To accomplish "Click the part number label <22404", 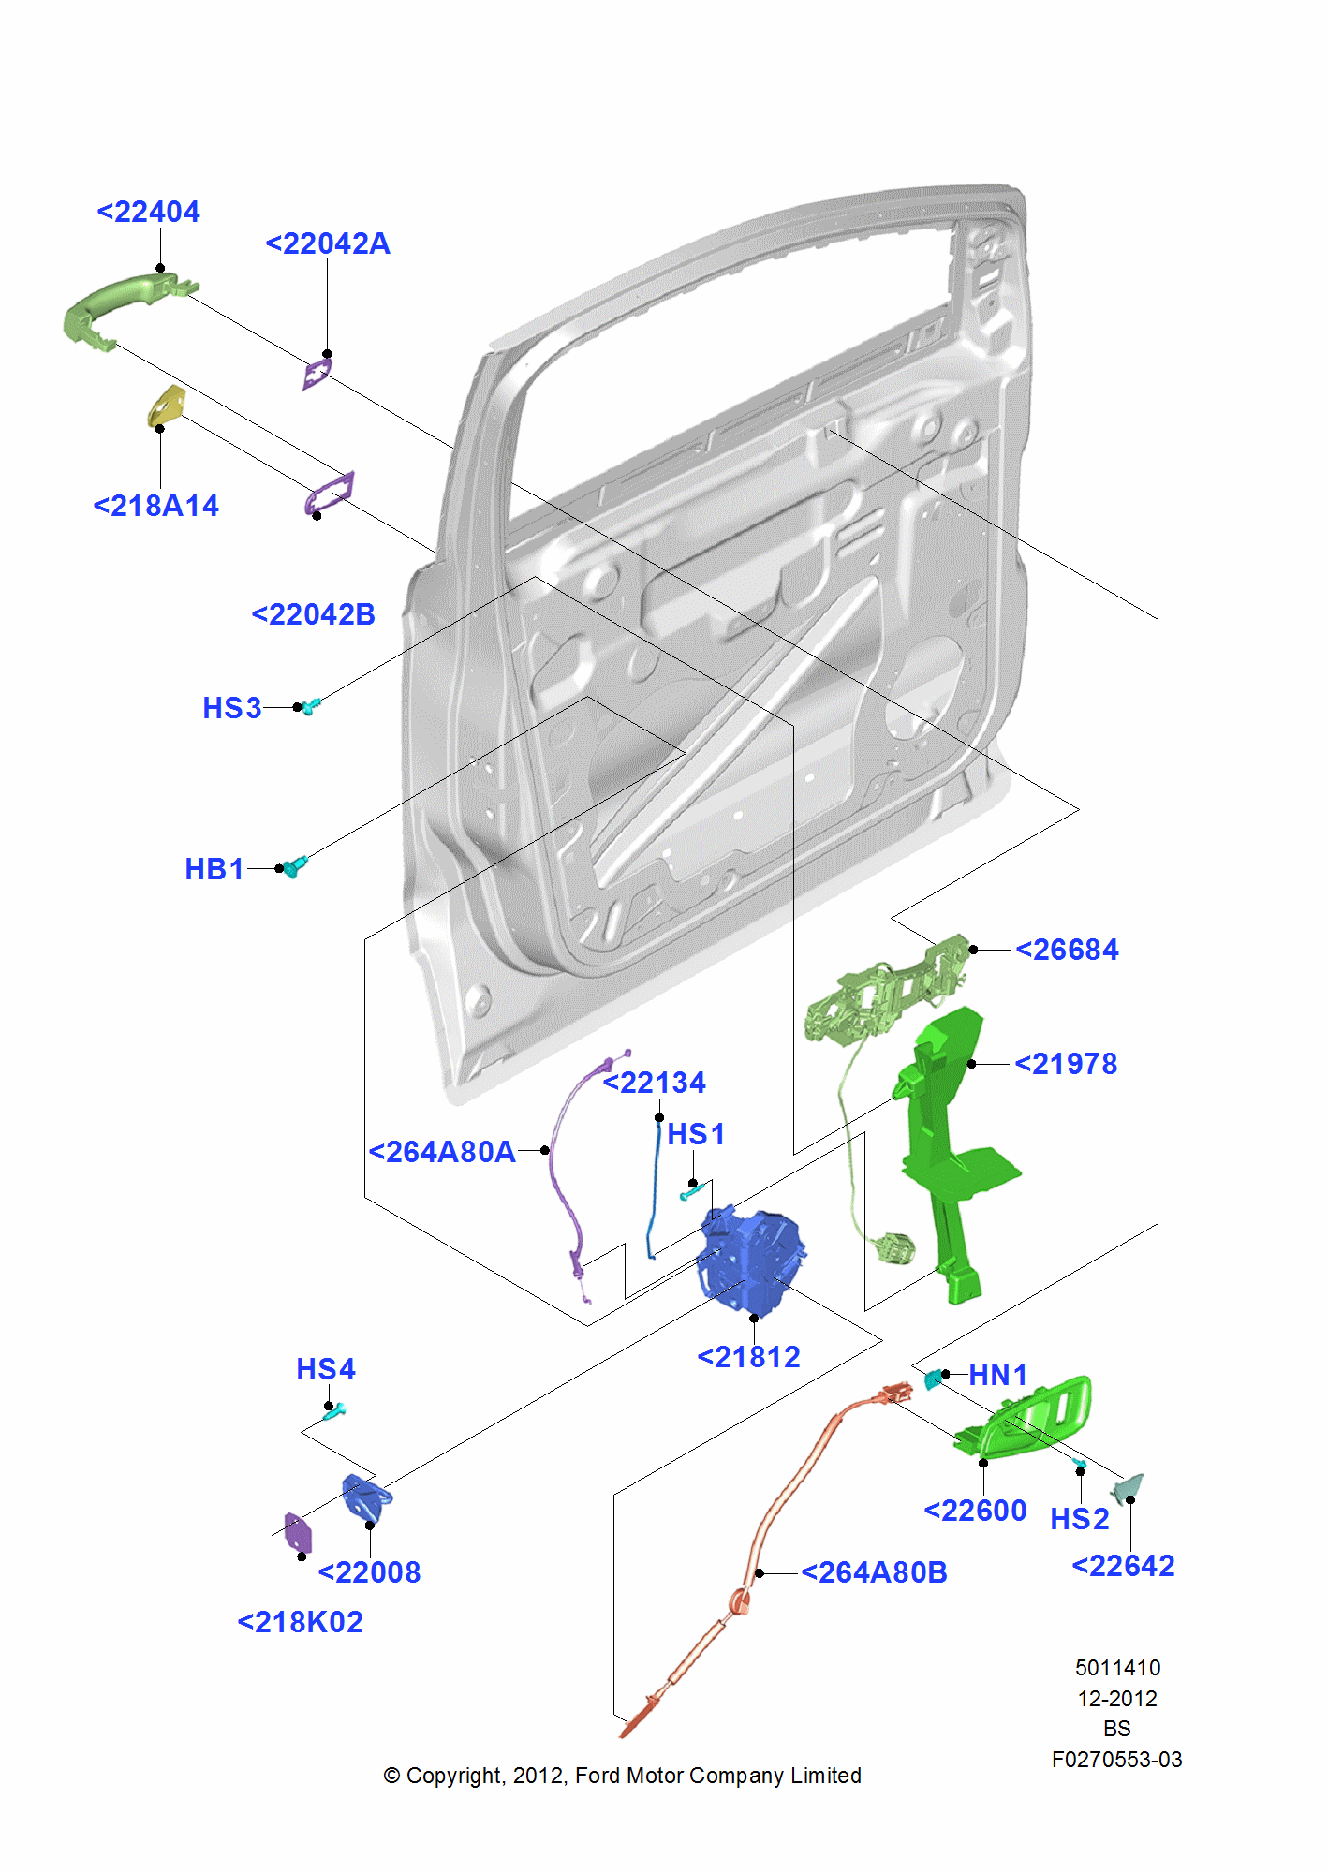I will pyautogui.click(x=149, y=212).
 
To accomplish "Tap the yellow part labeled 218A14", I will pyautogui.click(x=166, y=406).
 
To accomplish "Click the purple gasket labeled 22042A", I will pyautogui.click(x=317, y=372).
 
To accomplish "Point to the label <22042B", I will pyautogui.click(x=314, y=614).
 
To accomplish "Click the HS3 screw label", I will pyautogui.click(x=231, y=708).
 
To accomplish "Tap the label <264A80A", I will pyautogui.click(x=442, y=1152).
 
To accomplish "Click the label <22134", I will pyautogui.click(x=655, y=1083).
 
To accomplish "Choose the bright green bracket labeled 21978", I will pyautogui.click(x=946, y=1152).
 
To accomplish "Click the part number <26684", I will pyautogui.click(x=1067, y=950).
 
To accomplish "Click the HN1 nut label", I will pyautogui.click(x=997, y=1375).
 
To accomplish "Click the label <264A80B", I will pyautogui.click(x=874, y=1572).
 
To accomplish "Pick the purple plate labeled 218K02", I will pyautogui.click(x=297, y=1532).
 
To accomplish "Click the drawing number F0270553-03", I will pyautogui.click(x=1116, y=1760).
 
